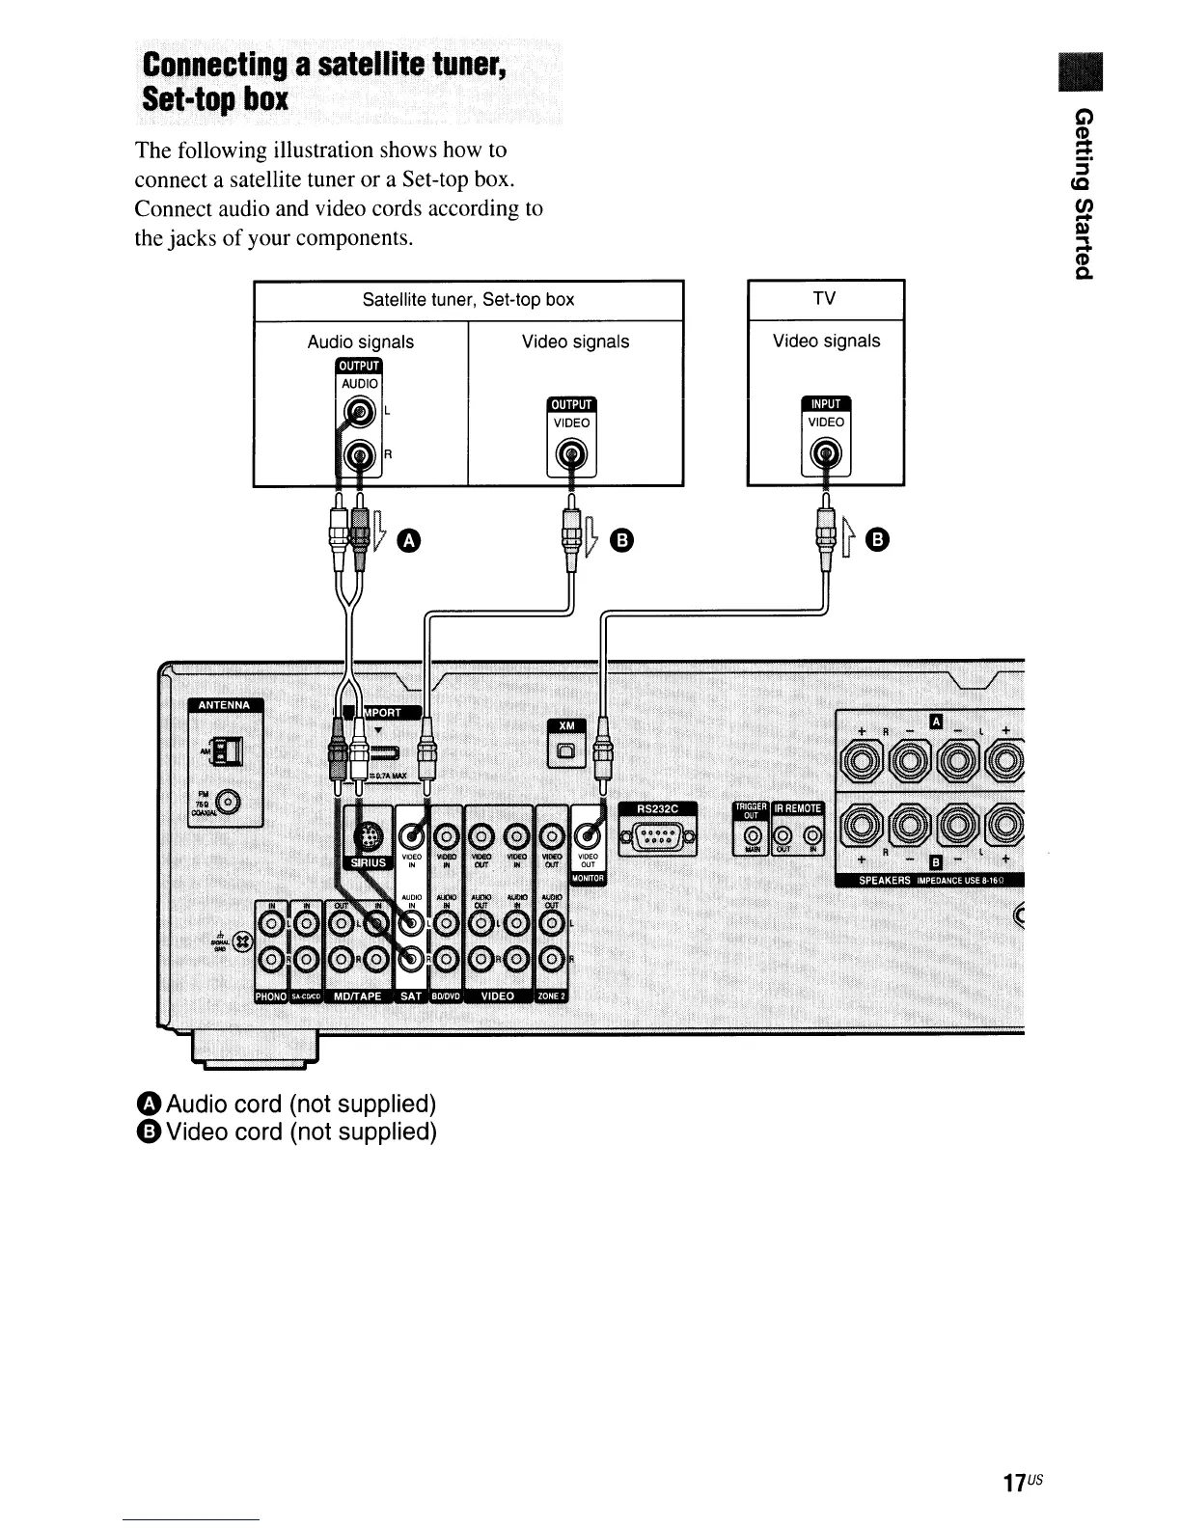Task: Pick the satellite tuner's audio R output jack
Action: (x=358, y=453)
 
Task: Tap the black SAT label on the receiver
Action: (x=410, y=996)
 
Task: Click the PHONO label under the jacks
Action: (x=271, y=996)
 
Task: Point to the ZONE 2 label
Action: (x=553, y=996)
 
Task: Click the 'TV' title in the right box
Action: (x=824, y=299)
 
